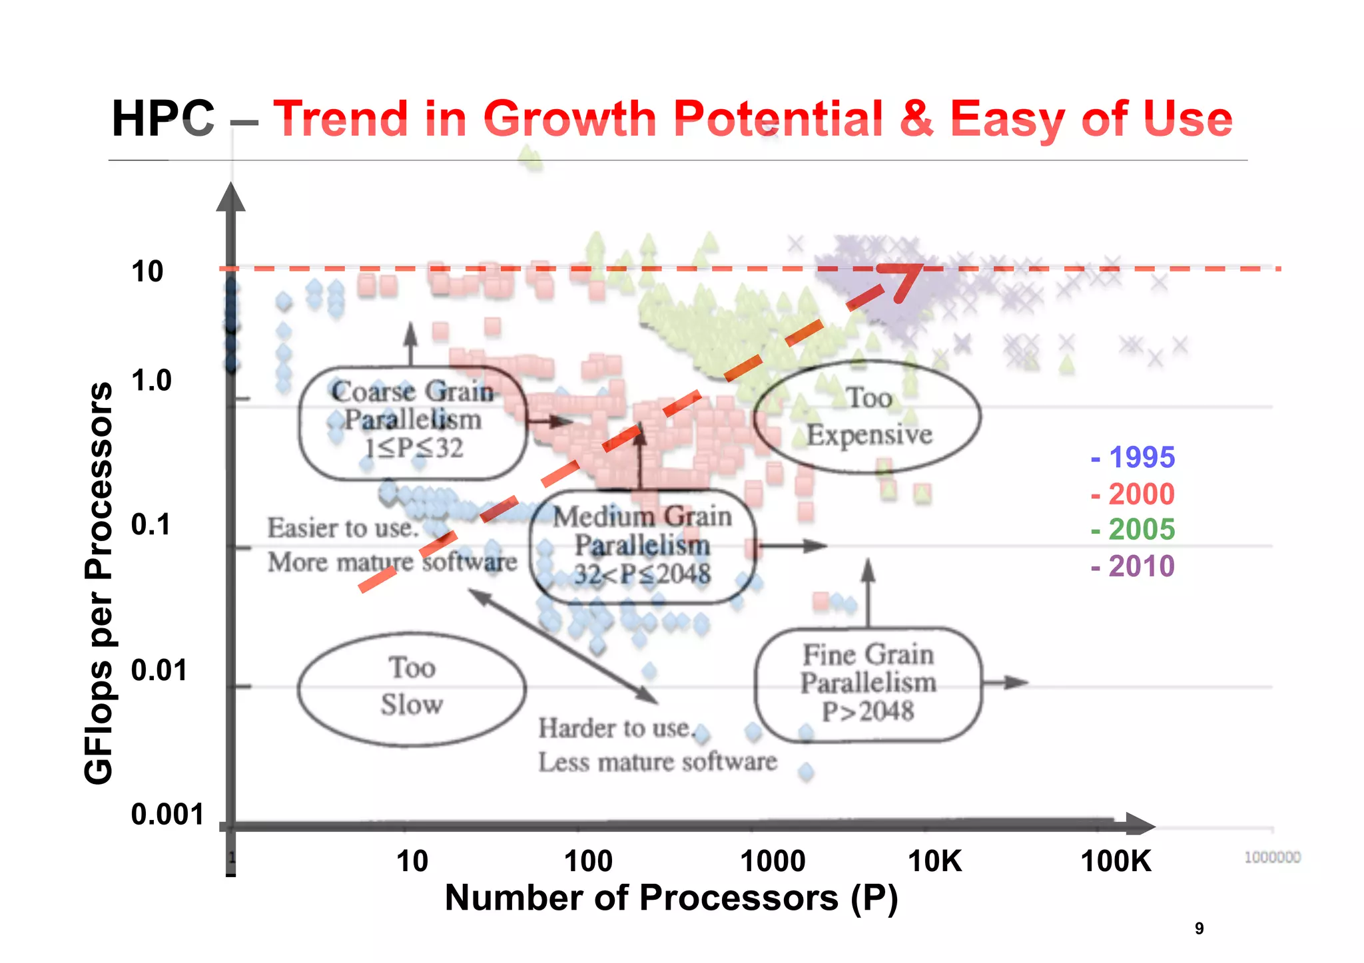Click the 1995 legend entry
(x=1134, y=457)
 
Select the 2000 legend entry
(x=1134, y=494)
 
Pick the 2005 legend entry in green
(x=1134, y=530)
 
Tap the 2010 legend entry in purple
(x=1134, y=566)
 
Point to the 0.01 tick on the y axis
(x=159, y=670)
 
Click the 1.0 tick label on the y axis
(x=151, y=381)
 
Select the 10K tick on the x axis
(x=934, y=861)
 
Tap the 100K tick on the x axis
(x=1116, y=861)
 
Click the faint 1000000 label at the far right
(x=1272, y=857)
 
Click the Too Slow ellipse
(x=412, y=688)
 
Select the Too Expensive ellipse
(x=868, y=417)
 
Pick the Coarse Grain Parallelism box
(x=412, y=422)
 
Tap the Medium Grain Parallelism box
(x=643, y=546)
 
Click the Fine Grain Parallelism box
(x=868, y=683)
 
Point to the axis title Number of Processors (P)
(x=671, y=898)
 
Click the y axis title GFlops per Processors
(x=99, y=583)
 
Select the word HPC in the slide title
(x=163, y=119)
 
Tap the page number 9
(x=1199, y=928)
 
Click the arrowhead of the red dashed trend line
(x=907, y=278)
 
